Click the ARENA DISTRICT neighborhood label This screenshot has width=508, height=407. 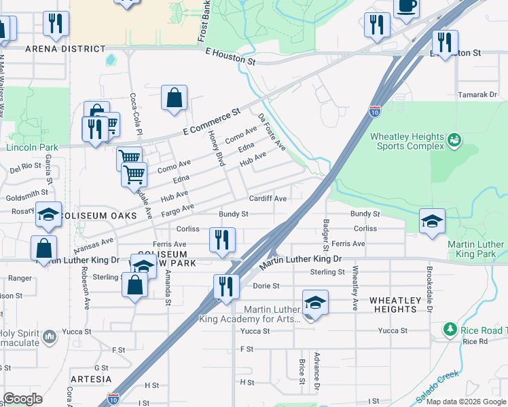click(x=65, y=49)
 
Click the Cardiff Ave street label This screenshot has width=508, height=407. click(x=268, y=199)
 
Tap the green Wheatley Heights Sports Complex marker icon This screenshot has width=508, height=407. click(x=454, y=140)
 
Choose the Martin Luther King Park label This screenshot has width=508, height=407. click(x=475, y=249)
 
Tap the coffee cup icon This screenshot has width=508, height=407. click(x=407, y=6)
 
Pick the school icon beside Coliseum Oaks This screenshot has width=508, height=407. click(x=48, y=214)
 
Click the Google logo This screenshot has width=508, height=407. click(x=22, y=399)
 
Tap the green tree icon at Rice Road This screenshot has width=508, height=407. click(x=450, y=330)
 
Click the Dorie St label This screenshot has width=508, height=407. click(x=266, y=286)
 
